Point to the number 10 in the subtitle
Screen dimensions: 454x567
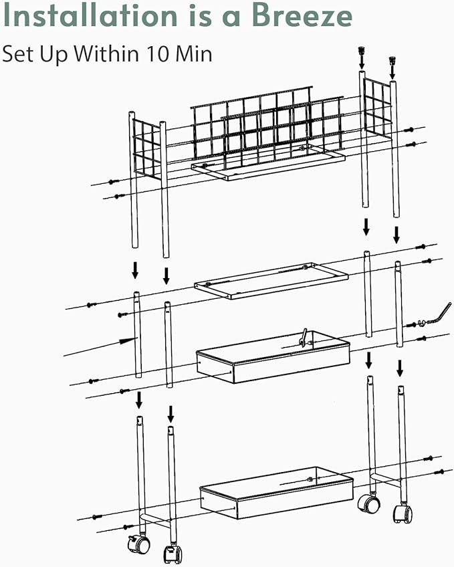pyautogui.click(x=158, y=54)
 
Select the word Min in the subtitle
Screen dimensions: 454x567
pyautogui.click(x=194, y=54)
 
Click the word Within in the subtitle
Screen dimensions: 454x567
pyautogui.click(x=108, y=54)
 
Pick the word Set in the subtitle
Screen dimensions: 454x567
pyautogui.click(x=17, y=54)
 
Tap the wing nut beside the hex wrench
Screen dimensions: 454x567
pyautogui.click(x=421, y=322)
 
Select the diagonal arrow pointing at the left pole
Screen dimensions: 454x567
pyautogui.click(x=101, y=347)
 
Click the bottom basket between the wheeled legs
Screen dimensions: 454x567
pyautogui.click(x=277, y=493)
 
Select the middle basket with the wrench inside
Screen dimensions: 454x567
pyautogui.click(x=273, y=356)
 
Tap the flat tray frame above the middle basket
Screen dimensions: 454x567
pyautogui.click(x=271, y=281)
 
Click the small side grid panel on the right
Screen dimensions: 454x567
pyautogui.click(x=377, y=108)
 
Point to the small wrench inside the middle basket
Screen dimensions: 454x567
pyautogui.click(x=304, y=338)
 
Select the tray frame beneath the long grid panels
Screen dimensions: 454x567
pyautogui.click(x=267, y=163)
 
